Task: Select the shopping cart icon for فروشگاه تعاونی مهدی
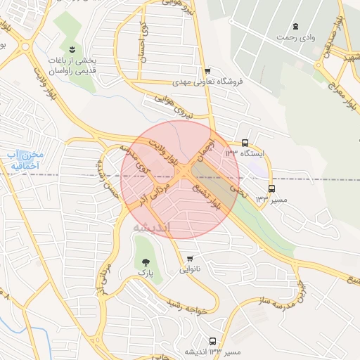click(207, 71)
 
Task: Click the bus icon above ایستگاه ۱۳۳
click(244, 142)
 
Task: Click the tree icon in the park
click(146, 261)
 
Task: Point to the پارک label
click(146, 271)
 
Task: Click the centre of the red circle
click(180, 179)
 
